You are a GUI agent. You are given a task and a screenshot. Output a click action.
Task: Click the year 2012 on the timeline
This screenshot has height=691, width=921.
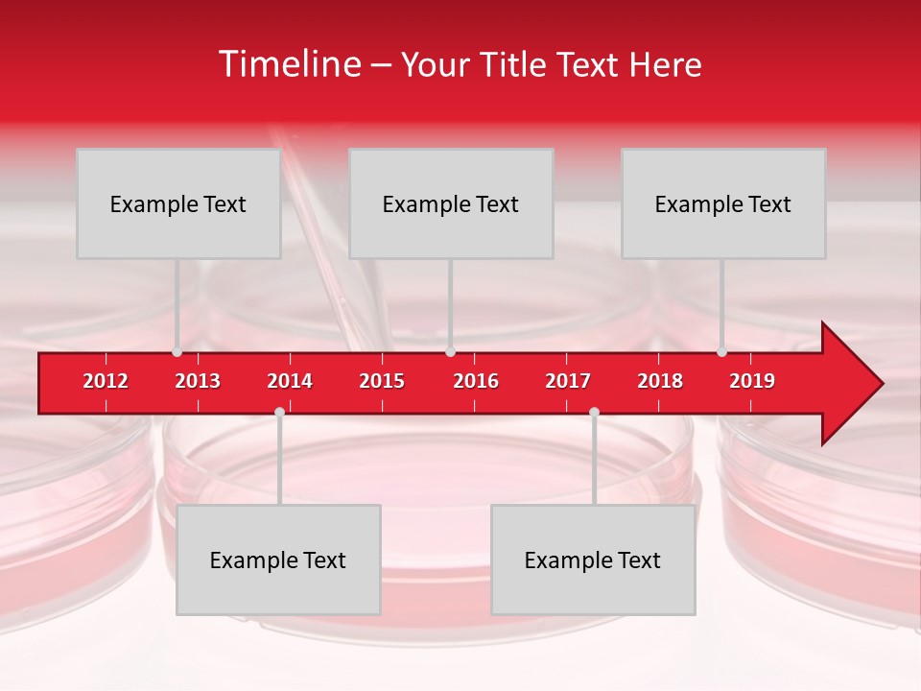(x=106, y=381)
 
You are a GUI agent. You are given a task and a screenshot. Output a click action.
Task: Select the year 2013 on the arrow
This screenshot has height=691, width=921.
(x=198, y=381)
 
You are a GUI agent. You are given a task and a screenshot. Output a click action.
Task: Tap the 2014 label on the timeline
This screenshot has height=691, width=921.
(x=290, y=381)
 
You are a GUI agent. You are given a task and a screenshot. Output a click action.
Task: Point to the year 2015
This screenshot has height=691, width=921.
(x=382, y=381)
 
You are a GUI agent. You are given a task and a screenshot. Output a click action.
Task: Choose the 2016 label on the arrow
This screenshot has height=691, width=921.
(x=476, y=381)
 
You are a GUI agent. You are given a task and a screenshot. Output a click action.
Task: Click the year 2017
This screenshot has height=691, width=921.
(x=568, y=381)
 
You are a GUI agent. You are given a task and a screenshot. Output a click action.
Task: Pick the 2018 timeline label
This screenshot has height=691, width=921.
(x=660, y=381)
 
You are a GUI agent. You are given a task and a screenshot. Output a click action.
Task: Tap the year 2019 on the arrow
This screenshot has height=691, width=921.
(x=752, y=381)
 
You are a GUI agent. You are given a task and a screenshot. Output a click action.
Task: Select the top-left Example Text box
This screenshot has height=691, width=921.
(x=178, y=203)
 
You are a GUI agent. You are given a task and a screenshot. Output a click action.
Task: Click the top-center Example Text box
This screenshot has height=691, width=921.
(x=451, y=203)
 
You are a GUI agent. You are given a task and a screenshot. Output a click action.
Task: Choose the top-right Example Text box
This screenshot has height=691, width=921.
(x=723, y=203)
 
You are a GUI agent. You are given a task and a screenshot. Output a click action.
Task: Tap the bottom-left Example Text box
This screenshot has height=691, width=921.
(x=278, y=560)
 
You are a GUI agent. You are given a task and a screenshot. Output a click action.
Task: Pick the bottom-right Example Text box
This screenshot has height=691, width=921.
(x=593, y=560)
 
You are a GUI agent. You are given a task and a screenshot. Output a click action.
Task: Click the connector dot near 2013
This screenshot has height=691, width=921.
(x=177, y=352)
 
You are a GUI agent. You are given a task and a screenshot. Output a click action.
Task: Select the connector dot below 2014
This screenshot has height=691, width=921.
(x=279, y=412)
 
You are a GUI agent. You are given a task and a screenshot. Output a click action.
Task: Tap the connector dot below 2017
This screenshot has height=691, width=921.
(x=594, y=412)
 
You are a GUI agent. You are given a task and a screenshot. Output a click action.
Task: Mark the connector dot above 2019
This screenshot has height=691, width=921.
(x=721, y=352)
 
